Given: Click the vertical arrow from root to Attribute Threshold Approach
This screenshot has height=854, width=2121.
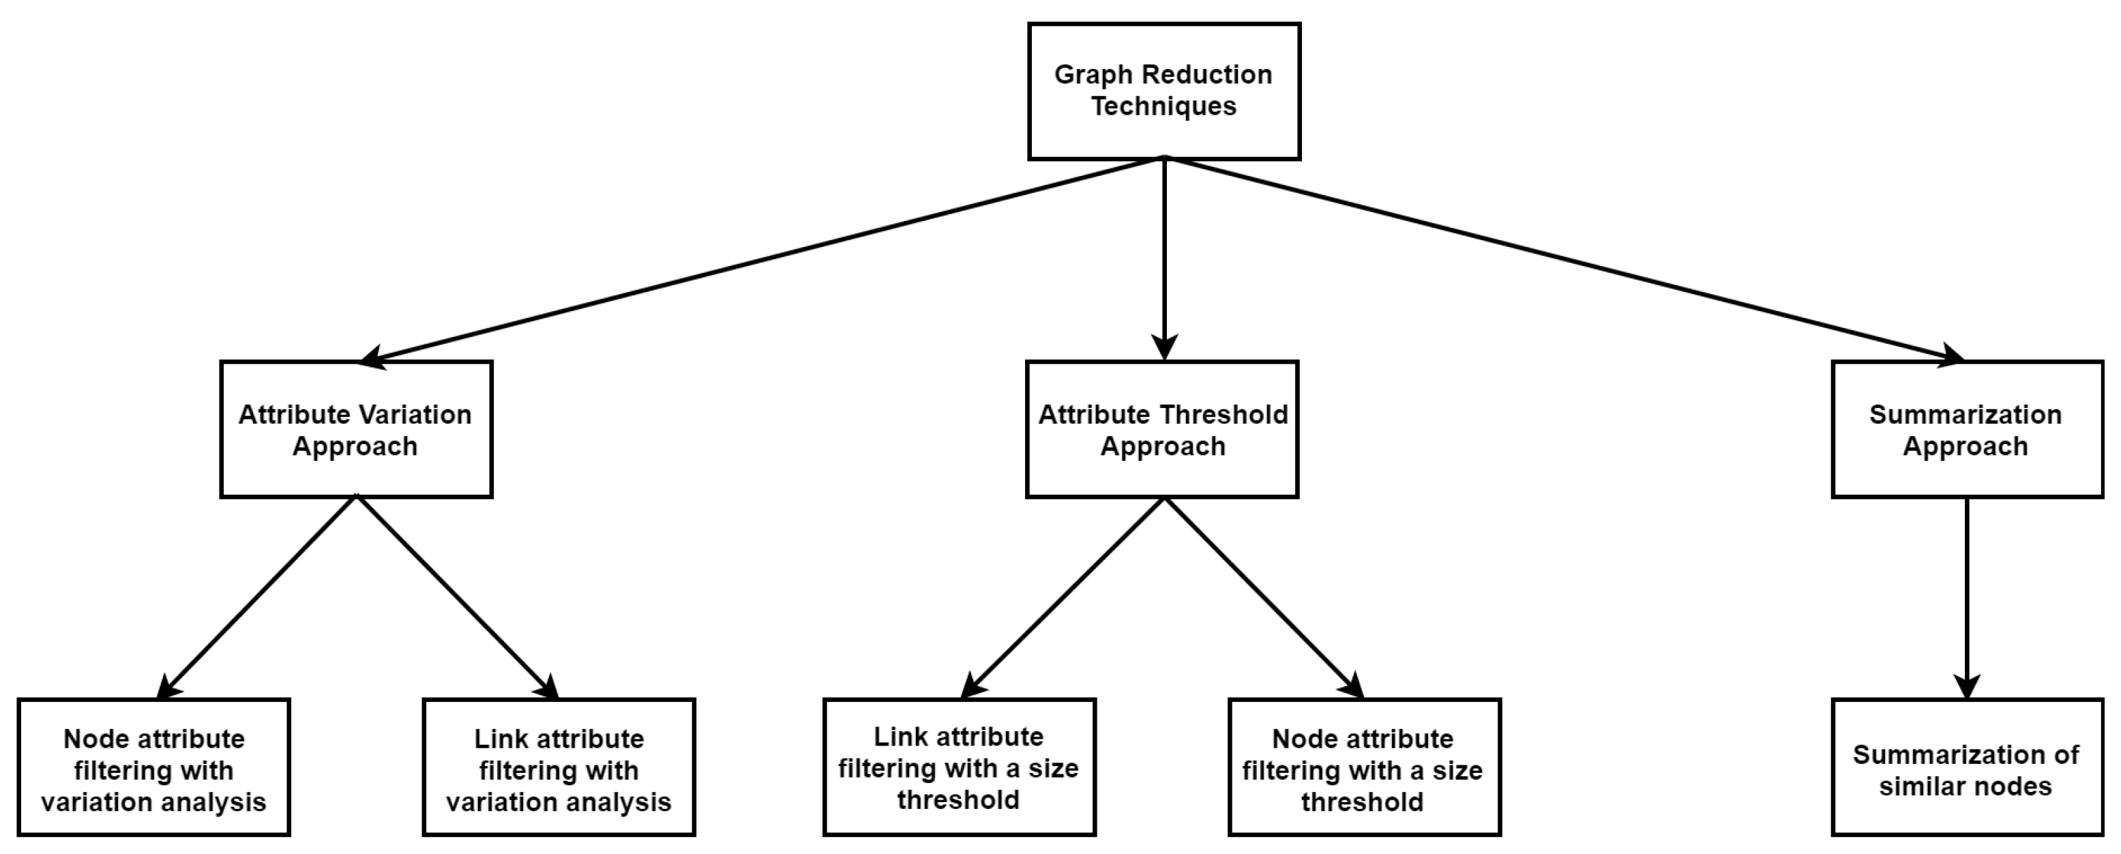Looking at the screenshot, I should (1163, 255).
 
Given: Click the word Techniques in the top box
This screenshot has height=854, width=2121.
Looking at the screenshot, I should (1163, 106).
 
